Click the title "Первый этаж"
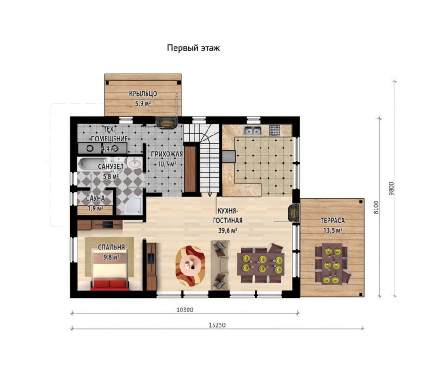pos(193,48)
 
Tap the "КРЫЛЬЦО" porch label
pos(143,94)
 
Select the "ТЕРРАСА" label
pos(333,221)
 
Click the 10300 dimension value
pos(185,310)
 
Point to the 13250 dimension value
pos(217,325)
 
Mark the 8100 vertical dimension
pos(376,208)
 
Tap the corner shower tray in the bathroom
pos(134,207)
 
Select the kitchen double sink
pos(253,131)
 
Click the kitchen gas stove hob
pos(275,130)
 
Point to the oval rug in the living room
pos(190,266)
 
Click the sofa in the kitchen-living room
pos(221,265)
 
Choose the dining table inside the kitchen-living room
pos(261,263)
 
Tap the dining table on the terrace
pos(332,264)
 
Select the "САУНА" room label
pos(95,198)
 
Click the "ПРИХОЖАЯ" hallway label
pos(167,155)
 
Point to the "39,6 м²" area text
pos(228,230)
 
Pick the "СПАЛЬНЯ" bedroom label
pos(111,247)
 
